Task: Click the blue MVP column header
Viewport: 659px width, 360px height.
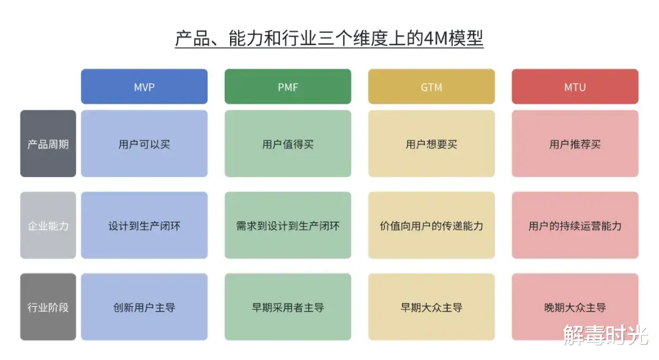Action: pyautogui.click(x=144, y=87)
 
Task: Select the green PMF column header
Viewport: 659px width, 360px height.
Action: pyautogui.click(x=287, y=87)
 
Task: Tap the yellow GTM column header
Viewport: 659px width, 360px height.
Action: pyautogui.click(x=431, y=87)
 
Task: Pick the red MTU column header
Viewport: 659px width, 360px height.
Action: pyautogui.click(x=575, y=87)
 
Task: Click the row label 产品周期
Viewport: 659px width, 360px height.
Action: pyautogui.click(x=48, y=144)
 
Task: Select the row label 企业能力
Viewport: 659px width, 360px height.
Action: pyautogui.click(x=48, y=226)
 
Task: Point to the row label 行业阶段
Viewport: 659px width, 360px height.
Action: pyautogui.click(x=48, y=307)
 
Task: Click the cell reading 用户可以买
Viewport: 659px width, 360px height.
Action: pyautogui.click(x=144, y=144)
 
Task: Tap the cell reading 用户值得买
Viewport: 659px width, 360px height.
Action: pyautogui.click(x=287, y=144)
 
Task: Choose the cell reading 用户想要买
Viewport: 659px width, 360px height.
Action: pyautogui.click(x=431, y=144)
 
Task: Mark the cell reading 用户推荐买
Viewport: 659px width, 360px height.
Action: pyautogui.click(x=575, y=144)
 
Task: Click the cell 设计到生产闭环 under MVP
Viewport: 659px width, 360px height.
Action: pyautogui.click(x=144, y=226)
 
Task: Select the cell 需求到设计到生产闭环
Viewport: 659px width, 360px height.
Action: pyautogui.click(x=287, y=226)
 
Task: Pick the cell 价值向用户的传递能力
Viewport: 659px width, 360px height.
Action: pyautogui.click(x=431, y=226)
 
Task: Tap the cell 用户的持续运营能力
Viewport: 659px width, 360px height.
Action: pyautogui.click(x=575, y=226)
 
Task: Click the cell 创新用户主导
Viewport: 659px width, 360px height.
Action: pyautogui.click(x=144, y=307)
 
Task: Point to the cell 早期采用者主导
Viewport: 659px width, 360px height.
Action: pyautogui.click(x=287, y=307)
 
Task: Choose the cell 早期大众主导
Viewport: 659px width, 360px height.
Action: pyautogui.click(x=431, y=307)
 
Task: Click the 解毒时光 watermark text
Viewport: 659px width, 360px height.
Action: pyautogui.click(x=605, y=334)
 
